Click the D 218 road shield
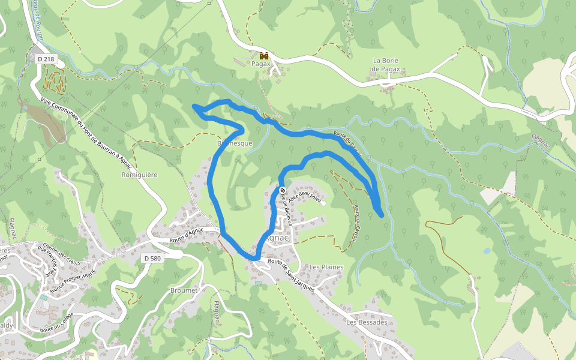click(44, 59)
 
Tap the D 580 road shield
click(152, 258)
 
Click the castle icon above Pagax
click(263, 55)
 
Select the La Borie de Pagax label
click(386, 65)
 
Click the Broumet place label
click(184, 290)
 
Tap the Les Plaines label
click(326, 266)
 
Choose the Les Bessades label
click(365, 322)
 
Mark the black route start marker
click(283, 191)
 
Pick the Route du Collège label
click(56, 323)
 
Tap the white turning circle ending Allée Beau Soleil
click(323, 203)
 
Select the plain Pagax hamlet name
click(262, 64)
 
